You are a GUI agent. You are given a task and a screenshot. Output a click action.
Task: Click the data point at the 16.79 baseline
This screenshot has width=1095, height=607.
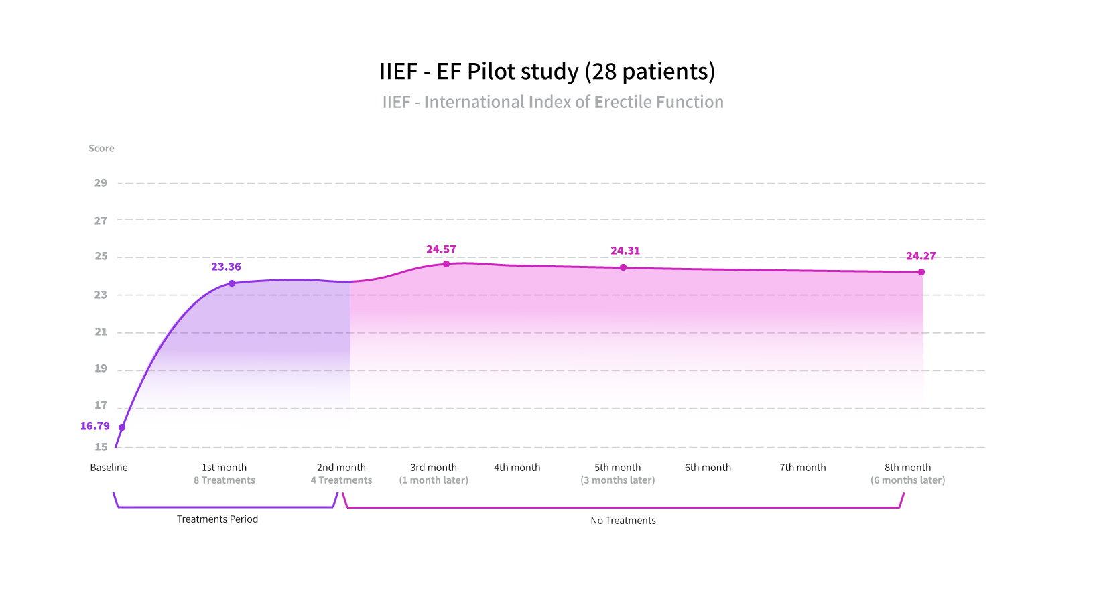click(122, 427)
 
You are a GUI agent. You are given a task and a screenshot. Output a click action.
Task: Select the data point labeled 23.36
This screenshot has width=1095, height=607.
click(232, 283)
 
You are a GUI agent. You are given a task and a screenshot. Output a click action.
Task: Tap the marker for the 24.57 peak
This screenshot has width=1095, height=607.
click(446, 264)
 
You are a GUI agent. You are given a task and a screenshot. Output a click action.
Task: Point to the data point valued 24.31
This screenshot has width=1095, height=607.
click(623, 267)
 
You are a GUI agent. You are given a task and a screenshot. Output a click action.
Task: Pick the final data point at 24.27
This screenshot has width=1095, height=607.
click(921, 272)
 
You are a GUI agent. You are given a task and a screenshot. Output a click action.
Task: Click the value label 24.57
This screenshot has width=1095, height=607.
click(441, 249)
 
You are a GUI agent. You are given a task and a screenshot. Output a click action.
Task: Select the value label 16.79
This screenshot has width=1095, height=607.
click(94, 426)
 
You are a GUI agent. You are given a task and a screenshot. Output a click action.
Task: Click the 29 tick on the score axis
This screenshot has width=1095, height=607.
click(101, 183)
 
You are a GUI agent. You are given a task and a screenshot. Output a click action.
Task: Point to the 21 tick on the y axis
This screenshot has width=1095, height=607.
click(101, 332)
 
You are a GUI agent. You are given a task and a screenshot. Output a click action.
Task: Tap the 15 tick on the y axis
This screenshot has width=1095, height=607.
click(101, 447)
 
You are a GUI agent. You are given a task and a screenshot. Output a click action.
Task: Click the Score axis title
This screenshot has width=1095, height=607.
click(101, 149)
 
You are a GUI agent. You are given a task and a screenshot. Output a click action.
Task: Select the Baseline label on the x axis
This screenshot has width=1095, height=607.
click(109, 468)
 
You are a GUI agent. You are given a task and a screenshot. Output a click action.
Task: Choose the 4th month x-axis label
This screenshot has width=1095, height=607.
click(517, 468)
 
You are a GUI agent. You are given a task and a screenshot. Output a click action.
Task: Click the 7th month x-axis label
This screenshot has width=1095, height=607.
click(802, 468)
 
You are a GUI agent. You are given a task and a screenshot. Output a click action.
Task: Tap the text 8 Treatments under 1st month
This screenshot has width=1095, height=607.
click(224, 480)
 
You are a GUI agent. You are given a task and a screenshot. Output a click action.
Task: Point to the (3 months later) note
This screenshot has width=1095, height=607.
click(617, 480)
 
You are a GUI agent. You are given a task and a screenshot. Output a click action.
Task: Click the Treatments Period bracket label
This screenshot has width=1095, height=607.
click(217, 519)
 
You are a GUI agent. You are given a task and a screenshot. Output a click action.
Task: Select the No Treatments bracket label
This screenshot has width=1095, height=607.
click(623, 521)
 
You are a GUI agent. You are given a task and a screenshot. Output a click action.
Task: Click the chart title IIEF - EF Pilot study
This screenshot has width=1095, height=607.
click(547, 71)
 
